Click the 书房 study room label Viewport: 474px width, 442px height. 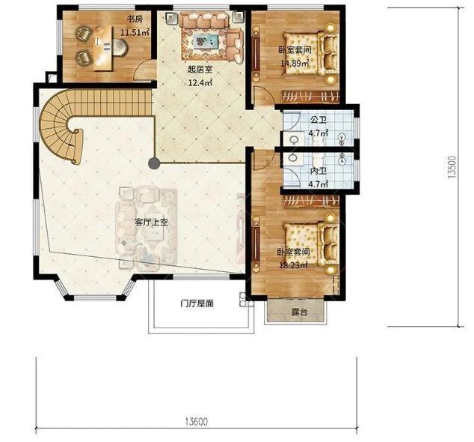tap(135, 19)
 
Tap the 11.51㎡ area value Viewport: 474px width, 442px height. tap(135, 32)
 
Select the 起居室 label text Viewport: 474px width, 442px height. tap(200, 70)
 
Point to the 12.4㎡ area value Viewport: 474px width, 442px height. tap(200, 82)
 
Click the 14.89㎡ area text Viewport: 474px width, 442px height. tap(295, 64)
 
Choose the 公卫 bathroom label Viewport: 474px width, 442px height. tap(318, 120)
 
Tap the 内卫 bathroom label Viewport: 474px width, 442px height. tap(318, 171)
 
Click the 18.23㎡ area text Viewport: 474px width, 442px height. tap(293, 265)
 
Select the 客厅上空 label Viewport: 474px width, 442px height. tap(151, 222)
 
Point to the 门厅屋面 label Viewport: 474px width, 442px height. tap(197, 303)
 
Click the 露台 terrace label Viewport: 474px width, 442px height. tap(299, 312)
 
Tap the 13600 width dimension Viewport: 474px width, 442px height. tap(197, 421)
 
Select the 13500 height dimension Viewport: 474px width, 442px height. tap(452, 167)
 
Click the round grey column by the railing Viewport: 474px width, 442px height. tap(154, 163)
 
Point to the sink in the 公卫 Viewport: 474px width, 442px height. tap(294, 139)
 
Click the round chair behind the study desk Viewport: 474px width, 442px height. tap(120, 47)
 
